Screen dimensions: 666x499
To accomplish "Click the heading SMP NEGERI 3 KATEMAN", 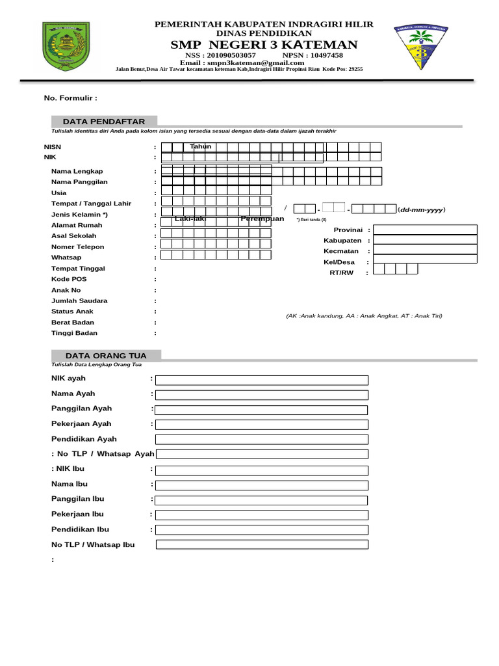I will [264, 44].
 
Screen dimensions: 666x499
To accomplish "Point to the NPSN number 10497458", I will [322, 55].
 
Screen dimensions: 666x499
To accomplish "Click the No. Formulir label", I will [70, 98].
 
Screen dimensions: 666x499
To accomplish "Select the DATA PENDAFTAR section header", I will [104, 122].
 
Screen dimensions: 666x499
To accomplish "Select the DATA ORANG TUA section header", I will [106, 355].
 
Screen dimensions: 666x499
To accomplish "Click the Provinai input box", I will [425, 230].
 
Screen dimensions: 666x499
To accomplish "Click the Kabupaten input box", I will [425, 241].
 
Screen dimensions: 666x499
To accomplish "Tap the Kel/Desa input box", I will [425, 262].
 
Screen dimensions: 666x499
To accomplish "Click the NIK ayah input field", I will [261, 380].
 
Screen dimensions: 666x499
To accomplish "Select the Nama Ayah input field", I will [261, 395].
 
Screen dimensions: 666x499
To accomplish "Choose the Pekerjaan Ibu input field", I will [261, 514].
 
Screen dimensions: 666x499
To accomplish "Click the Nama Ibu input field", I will [261, 485].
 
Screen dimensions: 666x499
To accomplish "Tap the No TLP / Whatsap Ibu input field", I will [261, 544].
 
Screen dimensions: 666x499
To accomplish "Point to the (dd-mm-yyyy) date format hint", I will [422, 209].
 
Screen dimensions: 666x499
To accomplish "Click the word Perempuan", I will [262, 219].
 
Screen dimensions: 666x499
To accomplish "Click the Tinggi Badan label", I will [74, 333].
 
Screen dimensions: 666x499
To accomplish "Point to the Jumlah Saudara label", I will [79, 300].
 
